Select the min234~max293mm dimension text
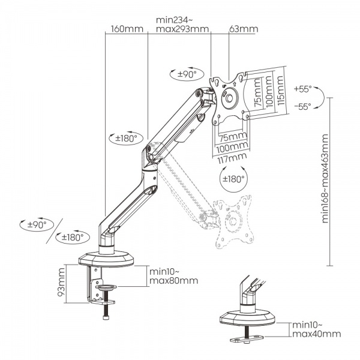pos(182,25)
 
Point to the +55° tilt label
pos(303,89)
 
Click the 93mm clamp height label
pos(62,285)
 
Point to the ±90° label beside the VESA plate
pos(184,74)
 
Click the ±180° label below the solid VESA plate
pos(234,178)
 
